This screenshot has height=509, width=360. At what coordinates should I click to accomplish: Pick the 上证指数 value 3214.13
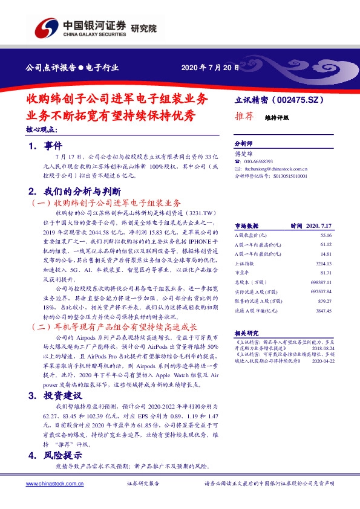324,264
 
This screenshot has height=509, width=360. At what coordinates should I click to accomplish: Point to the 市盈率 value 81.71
326,273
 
